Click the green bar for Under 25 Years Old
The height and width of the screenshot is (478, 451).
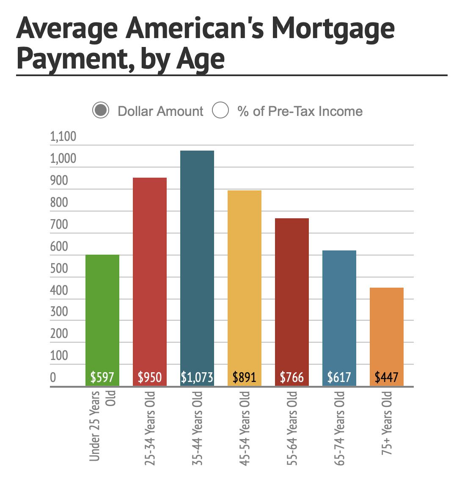(102, 313)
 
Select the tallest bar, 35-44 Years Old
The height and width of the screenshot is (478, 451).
(197, 262)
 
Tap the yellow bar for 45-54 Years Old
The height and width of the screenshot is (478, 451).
(245, 279)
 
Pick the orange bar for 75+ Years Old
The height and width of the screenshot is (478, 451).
(387, 330)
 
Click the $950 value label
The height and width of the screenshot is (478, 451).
(150, 377)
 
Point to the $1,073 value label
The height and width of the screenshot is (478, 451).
(197, 377)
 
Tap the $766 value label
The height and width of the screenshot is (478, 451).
(292, 377)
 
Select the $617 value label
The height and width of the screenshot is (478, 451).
(339, 377)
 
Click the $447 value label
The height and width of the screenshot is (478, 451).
(387, 377)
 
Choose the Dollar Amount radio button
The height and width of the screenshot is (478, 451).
(101, 111)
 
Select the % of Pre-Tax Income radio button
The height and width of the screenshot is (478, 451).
(220, 111)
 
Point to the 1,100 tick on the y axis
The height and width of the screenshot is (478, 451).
(63, 137)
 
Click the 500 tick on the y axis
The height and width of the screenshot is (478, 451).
(59, 269)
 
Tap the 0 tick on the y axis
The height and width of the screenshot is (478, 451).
(53, 377)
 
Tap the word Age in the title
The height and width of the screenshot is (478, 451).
(200, 59)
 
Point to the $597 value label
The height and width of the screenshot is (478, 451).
(102, 377)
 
